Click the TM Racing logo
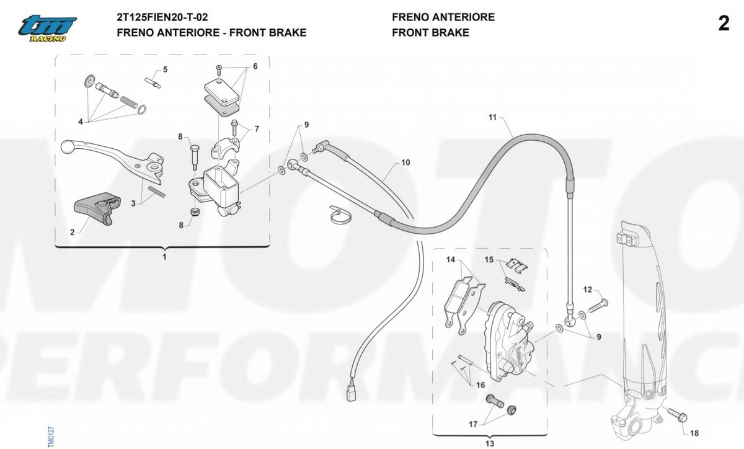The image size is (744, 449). tap(47, 29)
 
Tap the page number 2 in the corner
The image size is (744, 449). tap(724, 24)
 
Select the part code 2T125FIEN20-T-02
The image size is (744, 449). tap(162, 17)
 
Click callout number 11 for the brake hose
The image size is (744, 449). tap(492, 117)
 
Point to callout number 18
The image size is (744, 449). tap(694, 433)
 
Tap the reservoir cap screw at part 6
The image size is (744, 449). tap(219, 70)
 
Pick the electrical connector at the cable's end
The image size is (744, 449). tap(352, 393)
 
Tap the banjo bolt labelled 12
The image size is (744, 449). tap(598, 306)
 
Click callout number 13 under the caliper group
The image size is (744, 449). tap(490, 443)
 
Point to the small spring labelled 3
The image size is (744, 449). tap(156, 192)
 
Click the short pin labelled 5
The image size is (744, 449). tap(153, 82)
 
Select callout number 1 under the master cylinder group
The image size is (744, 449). tap(164, 257)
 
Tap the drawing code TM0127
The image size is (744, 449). tap(51, 437)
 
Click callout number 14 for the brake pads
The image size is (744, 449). tap(450, 260)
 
